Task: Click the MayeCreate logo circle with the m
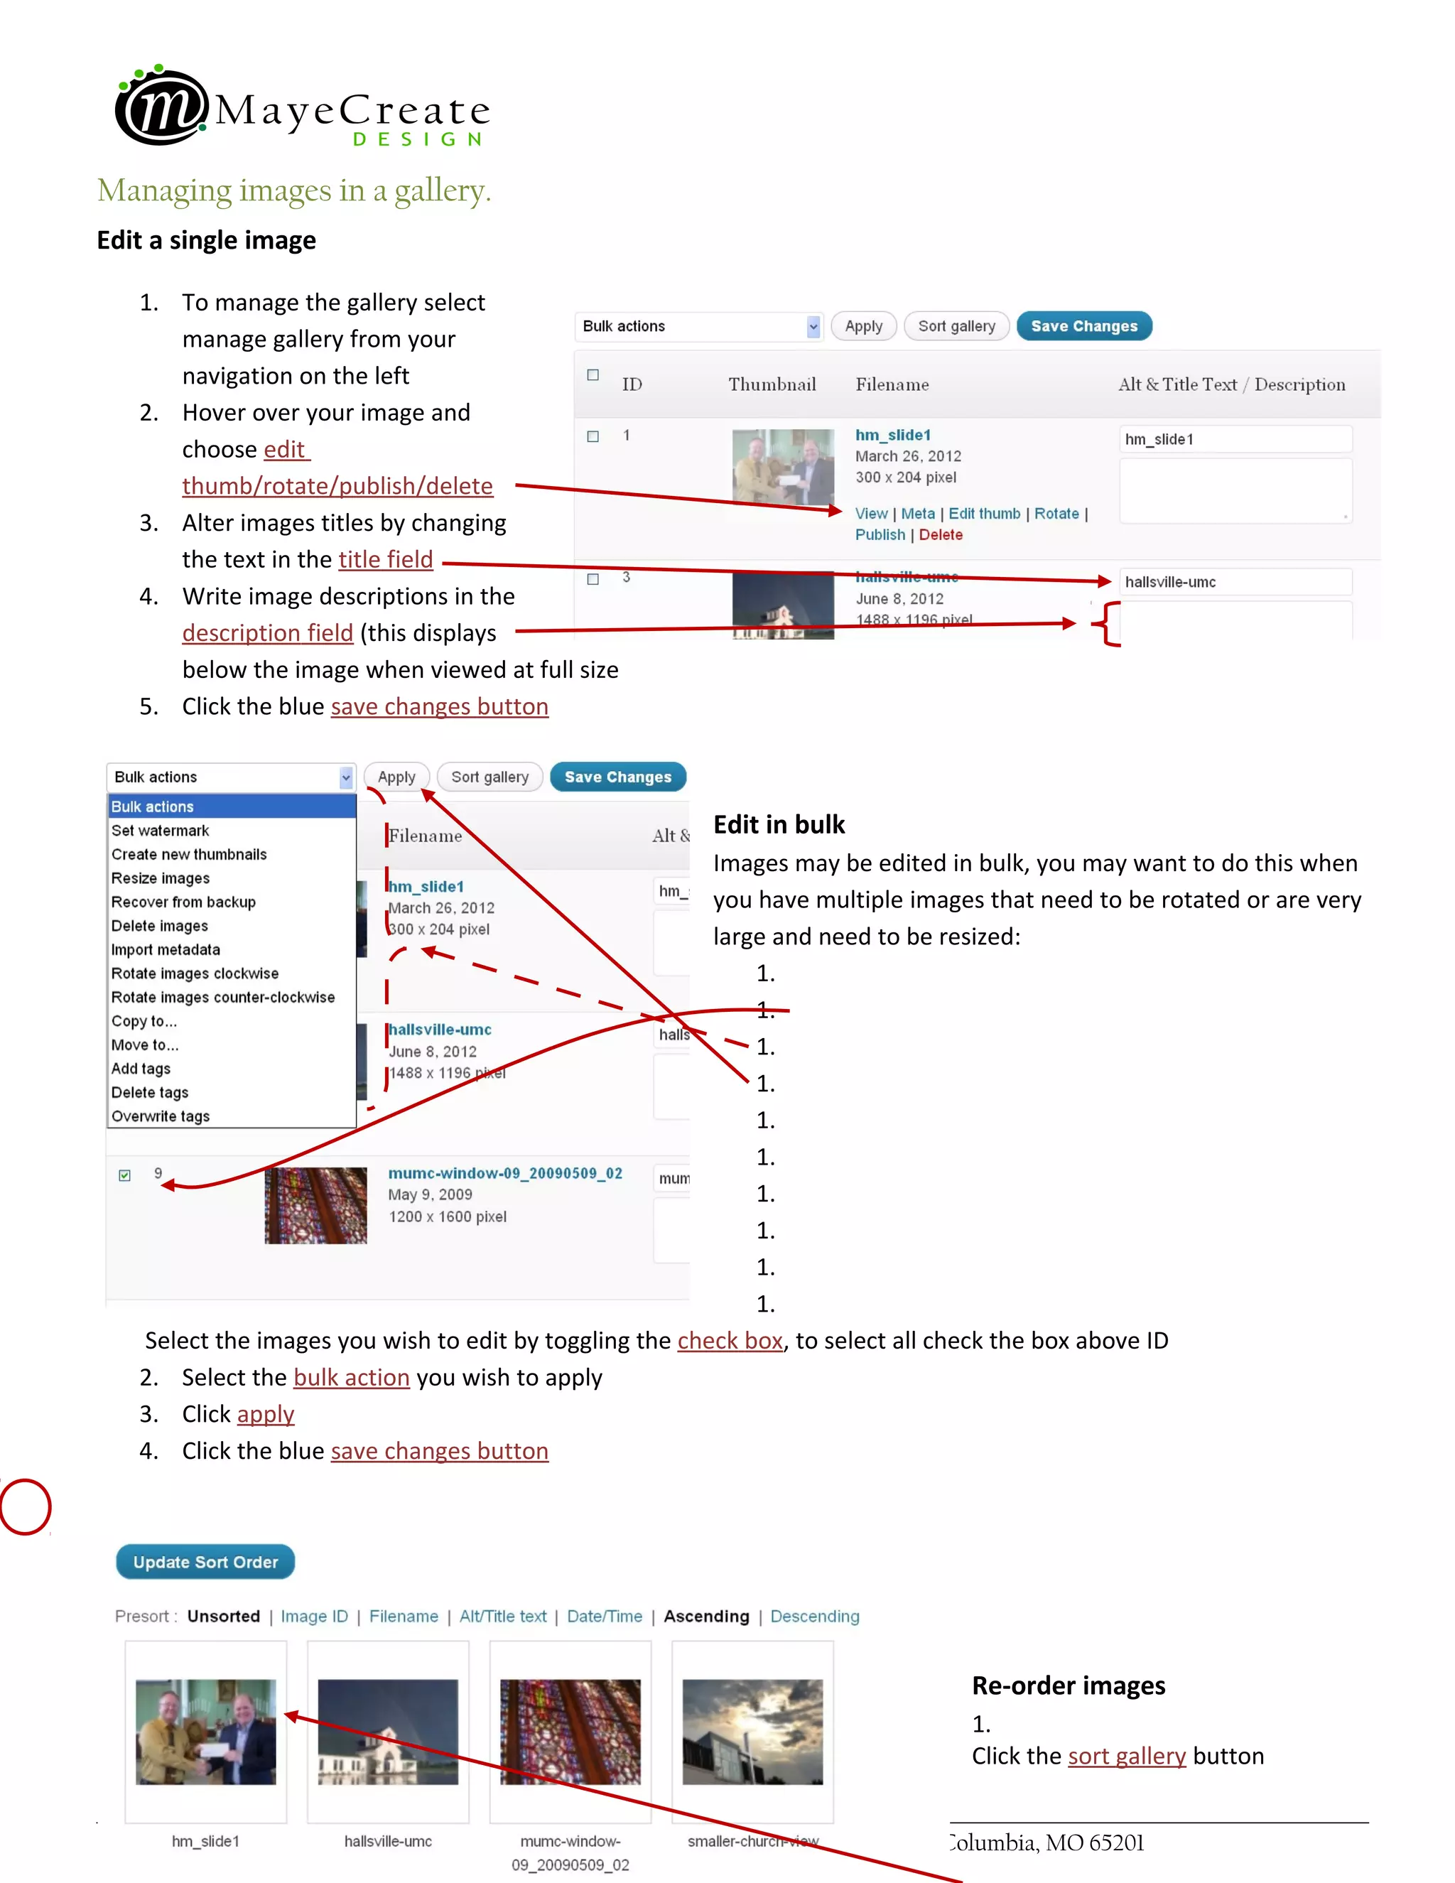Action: [x=161, y=107]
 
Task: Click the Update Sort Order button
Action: [x=205, y=1561]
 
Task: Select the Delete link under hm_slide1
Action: [x=941, y=534]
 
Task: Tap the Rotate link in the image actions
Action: [x=1056, y=513]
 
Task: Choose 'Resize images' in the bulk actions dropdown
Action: [x=161, y=878]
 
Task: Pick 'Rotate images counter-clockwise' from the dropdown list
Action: [x=222, y=997]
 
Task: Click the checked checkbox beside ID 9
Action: [x=125, y=1175]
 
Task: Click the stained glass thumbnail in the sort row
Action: [x=570, y=1730]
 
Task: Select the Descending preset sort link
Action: [x=815, y=1616]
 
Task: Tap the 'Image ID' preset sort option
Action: [x=314, y=1616]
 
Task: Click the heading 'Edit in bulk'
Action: [x=779, y=824]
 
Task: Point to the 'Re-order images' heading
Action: [x=1068, y=1685]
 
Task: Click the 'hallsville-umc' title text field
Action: [x=1234, y=582]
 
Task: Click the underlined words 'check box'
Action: [x=729, y=1341]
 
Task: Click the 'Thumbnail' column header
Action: [x=772, y=384]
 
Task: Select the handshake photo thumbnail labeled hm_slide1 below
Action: [x=206, y=1730]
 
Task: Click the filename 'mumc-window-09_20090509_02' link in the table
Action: [x=504, y=1172]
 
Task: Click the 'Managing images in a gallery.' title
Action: [x=294, y=190]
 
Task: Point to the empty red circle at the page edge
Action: [x=25, y=1506]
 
